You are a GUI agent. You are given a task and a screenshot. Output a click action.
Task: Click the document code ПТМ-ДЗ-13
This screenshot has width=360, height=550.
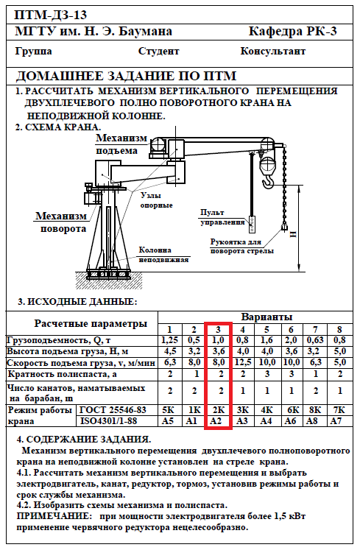51,15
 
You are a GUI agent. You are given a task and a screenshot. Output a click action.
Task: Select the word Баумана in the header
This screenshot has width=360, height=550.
145,32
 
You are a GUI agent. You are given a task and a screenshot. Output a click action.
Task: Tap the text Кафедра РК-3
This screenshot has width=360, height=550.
292,32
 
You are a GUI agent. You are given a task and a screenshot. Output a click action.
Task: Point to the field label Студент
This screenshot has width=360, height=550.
158,52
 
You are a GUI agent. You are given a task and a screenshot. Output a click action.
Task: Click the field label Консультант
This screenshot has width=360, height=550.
272,52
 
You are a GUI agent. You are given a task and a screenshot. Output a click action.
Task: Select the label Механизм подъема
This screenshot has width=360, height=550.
121,144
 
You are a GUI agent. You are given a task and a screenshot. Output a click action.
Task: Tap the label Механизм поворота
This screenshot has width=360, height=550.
61,222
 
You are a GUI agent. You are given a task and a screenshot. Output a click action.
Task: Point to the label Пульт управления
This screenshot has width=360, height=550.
222,217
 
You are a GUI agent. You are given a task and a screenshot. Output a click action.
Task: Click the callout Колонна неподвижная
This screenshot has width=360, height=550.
164,255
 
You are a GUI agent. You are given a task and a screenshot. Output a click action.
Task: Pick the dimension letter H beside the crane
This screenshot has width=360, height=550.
293,234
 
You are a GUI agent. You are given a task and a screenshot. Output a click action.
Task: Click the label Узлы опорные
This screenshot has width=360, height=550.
157,200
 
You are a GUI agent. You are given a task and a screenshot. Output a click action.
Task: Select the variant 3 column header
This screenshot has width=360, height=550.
218,329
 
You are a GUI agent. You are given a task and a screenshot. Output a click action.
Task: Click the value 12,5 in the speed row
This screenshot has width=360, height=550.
242,362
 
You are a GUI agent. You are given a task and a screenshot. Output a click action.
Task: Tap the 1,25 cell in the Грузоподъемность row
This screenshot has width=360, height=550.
169,340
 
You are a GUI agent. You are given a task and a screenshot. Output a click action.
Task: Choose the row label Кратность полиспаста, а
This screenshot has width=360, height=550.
62,374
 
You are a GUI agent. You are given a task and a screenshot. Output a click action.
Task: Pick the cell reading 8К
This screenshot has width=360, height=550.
315,409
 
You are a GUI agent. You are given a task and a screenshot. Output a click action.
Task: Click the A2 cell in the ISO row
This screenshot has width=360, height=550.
216,420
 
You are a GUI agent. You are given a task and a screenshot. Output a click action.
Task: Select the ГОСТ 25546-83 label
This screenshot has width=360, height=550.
113,409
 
